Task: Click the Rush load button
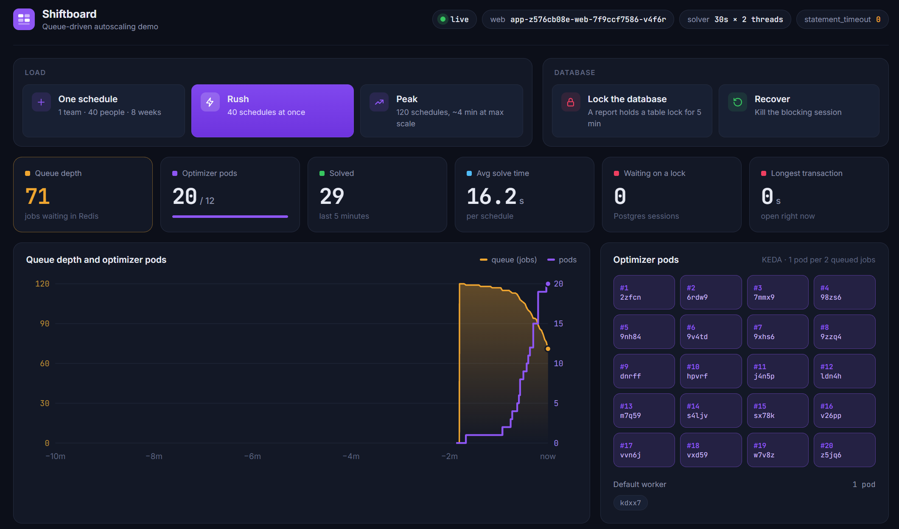coord(272,111)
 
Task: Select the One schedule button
coord(104,111)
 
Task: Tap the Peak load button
coord(441,111)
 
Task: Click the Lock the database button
coord(632,111)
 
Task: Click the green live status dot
coord(443,19)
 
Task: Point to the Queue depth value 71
coord(38,196)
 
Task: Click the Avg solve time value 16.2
coord(492,196)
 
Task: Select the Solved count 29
coord(332,196)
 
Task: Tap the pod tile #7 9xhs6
coord(778,331)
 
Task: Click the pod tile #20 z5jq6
coord(844,450)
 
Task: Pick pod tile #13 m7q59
coord(644,410)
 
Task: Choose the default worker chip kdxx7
coord(630,503)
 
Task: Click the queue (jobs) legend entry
coord(508,260)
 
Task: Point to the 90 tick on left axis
coord(45,323)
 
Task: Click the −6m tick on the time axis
coord(252,457)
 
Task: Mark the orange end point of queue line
coord(548,349)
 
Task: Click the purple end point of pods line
coord(548,284)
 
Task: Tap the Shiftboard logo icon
coord(24,19)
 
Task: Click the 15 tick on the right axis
coord(558,323)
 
